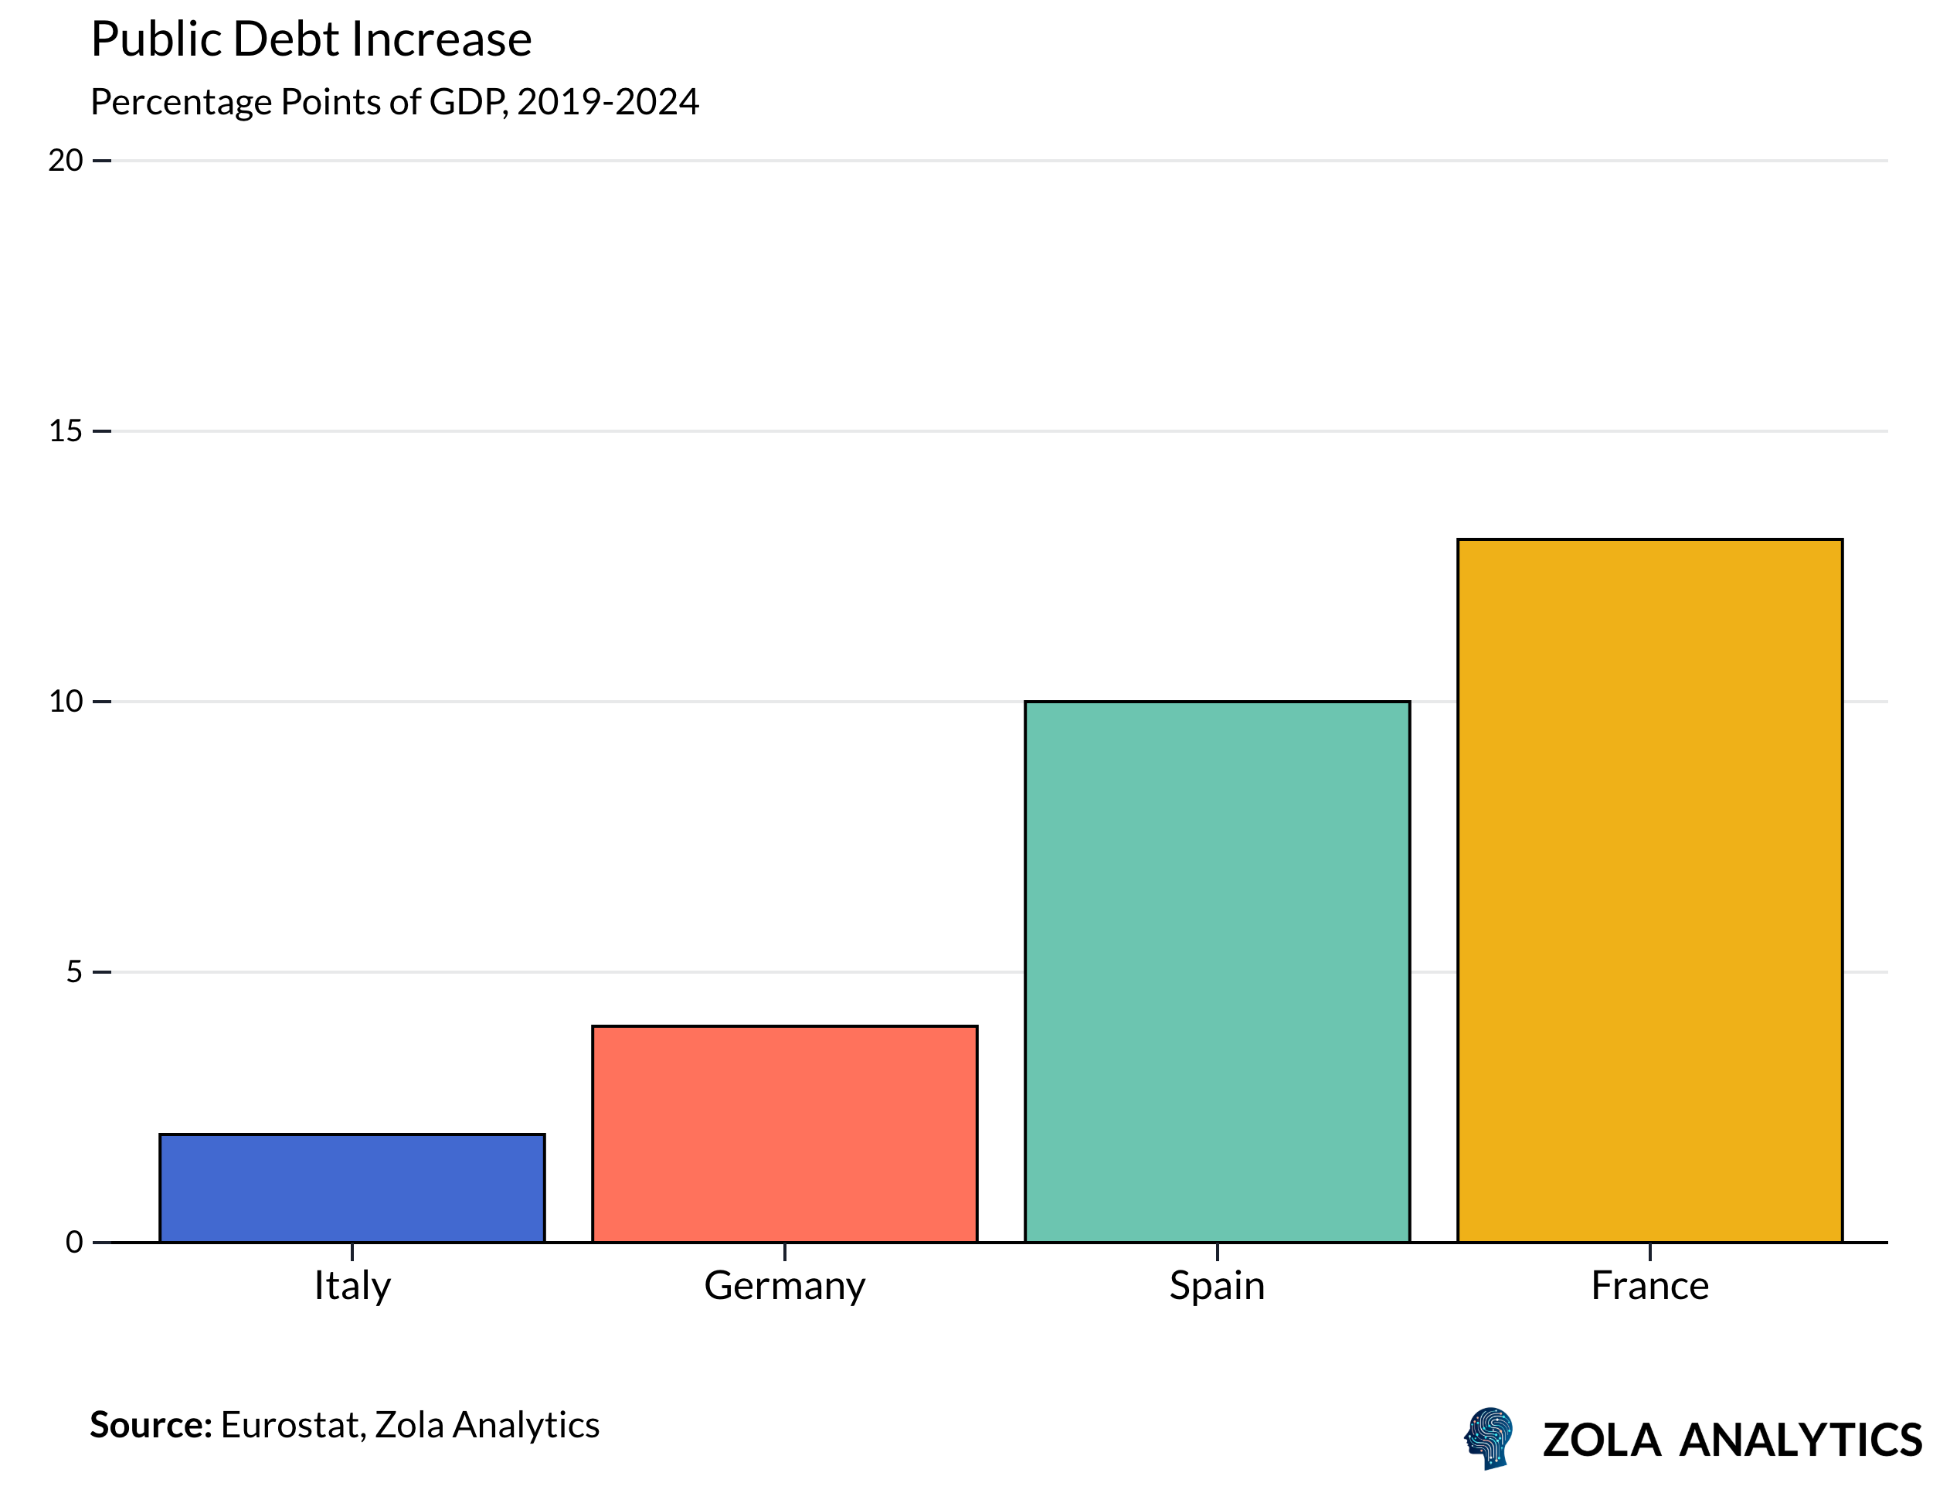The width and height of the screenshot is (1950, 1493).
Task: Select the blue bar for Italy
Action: click(x=352, y=1189)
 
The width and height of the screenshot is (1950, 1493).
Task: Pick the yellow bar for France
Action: click(x=1649, y=890)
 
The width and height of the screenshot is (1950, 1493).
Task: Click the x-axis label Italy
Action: click(x=352, y=1286)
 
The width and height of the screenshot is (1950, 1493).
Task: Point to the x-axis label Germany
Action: click(x=784, y=1286)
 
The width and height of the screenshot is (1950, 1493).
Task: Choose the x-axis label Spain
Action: click(x=1217, y=1286)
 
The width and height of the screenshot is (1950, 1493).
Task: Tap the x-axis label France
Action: click(x=1649, y=1286)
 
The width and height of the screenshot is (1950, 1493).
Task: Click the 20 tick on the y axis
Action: click(x=66, y=161)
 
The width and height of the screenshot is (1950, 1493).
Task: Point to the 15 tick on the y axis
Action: click(x=66, y=431)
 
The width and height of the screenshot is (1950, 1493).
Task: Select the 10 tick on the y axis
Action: click(x=66, y=701)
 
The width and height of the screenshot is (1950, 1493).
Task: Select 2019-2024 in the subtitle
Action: click(x=608, y=102)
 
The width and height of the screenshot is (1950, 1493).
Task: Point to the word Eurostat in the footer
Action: click(x=291, y=1424)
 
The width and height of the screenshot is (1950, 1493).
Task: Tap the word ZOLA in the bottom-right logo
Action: click(x=1602, y=1440)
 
